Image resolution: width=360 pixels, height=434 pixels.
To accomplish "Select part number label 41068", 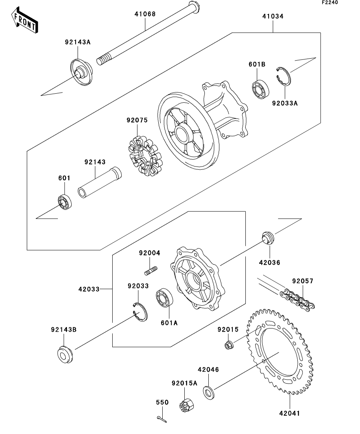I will [145, 14].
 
